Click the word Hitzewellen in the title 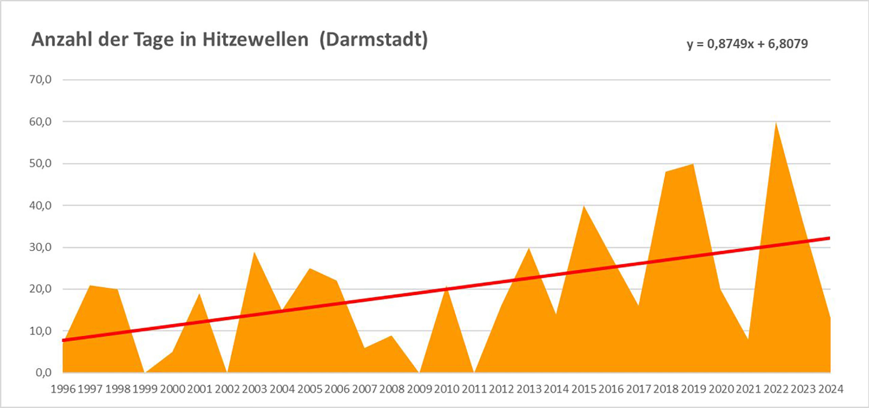(x=255, y=40)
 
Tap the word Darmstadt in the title (x=373, y=40)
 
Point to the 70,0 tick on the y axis (x=40, y=80)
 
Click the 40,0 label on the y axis (x=40, y=205)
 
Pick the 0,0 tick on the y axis (x=43, y=373)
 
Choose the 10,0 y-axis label (x=40, y=331)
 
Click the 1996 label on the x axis (x=63, y=389)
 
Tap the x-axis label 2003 (x=255, y=389)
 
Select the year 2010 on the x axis (x=447, y=389)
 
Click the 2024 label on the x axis (x=830, y=389)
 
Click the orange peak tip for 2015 (x=584, y=206)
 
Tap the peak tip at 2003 (x=254, y=252)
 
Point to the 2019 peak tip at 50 (x=693, y=164)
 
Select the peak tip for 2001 (x=200, y=294)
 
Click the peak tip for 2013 (x=529, y=248)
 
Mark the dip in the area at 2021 (x=748, y=339)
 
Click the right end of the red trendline (x=829, y=238)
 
